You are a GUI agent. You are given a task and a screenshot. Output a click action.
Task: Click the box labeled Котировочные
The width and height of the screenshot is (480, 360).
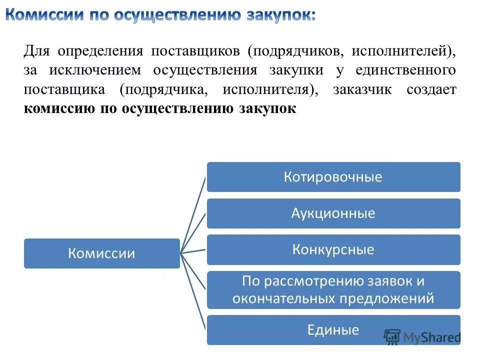click(x=333, y=177)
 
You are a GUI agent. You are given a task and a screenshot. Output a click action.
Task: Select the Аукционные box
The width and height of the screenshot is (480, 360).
click(x=333, y=213)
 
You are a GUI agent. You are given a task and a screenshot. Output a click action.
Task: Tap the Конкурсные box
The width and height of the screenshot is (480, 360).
click(x=333, y=249)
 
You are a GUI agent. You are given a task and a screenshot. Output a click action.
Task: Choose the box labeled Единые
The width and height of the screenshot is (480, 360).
click(x=333, y=330)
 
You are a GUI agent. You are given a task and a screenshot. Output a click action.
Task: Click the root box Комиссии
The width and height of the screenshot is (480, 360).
click(x=101, y=253)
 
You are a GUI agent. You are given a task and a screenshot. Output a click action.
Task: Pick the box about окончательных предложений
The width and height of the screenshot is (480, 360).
click(x=333, y=290)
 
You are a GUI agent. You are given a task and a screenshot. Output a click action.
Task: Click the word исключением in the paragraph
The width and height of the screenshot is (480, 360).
click(x=95, y=70)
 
